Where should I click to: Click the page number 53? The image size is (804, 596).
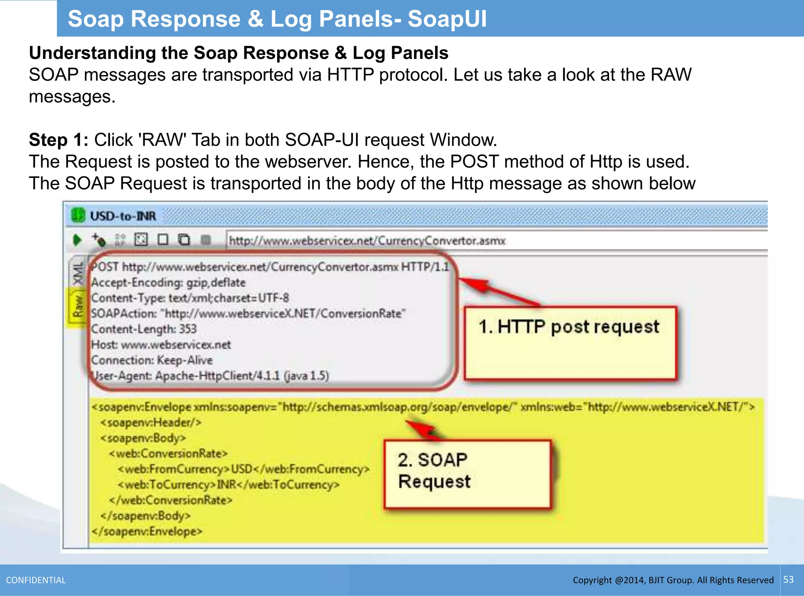click(788, 580)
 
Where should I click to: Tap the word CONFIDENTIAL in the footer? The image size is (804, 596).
click(36, 580)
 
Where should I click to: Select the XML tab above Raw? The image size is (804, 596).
click(78, 273)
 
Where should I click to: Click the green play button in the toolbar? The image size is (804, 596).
click(77, 239)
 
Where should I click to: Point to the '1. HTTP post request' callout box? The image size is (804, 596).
click(570, 342)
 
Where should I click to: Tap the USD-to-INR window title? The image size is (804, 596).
click(123, 216)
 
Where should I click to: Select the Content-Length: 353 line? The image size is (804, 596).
click(144, 329)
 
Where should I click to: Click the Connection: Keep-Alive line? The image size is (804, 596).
click(152, 360)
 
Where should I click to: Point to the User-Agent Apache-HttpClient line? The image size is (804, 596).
click(210, 376)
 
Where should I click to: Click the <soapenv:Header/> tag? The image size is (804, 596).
click(151, 422)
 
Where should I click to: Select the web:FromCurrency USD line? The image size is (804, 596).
click(243, 469)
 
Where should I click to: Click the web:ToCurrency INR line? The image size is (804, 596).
click(228, 484)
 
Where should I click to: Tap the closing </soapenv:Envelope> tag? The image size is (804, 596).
click(147, 531)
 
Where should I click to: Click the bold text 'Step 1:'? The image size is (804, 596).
click(58, 140)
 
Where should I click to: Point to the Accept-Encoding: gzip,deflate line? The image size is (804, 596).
click(168, 282)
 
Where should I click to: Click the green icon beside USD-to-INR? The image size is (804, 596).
click(78, 215)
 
